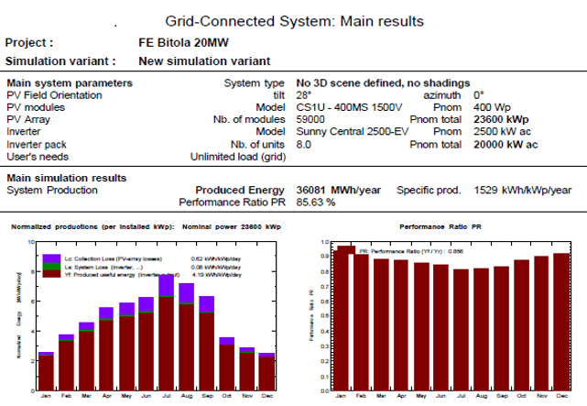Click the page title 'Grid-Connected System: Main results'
tap(293, 20)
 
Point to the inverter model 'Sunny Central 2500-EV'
tap(353, 132)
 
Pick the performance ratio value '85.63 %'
tap(312, 202)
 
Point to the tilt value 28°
tap(299, 95)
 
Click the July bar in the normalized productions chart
tap(166, 339)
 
